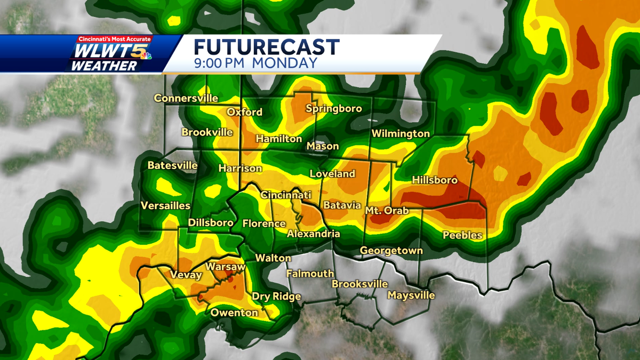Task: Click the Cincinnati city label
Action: tap(285, 195)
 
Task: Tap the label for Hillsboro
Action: tap(435, 180)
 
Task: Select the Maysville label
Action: tap(411, 295)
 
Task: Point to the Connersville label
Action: tap(186, 98)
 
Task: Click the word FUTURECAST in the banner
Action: tap(266, 47)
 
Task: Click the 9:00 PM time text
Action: tap(219, 63)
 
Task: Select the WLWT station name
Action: tap(102, 53)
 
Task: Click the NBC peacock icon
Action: tap(145, 54)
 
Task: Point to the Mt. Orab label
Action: tap(387, 211)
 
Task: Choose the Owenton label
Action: tap(234, 313)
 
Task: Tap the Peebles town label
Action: tap(462, 235)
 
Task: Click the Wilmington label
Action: tap(401, 133)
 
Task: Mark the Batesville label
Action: tap(172, 165)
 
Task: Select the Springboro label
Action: tap(334, 109)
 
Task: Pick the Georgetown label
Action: tap(391, 250)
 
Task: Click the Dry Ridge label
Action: tap(276, 297)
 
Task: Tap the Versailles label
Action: tap(165, 206)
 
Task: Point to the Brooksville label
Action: tap(359, 284)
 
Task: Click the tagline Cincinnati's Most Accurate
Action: tap(115, 39)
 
